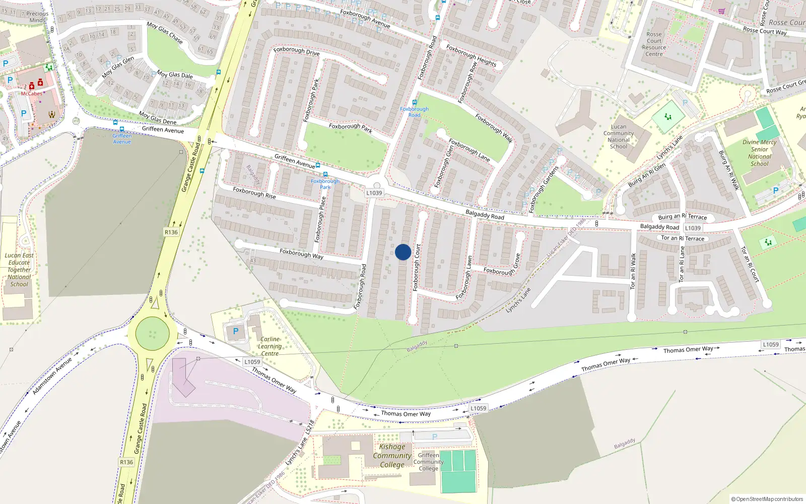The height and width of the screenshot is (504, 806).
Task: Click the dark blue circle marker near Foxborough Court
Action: [x=403, y=252]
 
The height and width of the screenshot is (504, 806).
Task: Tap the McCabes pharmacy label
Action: [x=31, y=94]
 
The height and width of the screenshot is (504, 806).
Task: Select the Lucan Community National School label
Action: [x=619, y=137]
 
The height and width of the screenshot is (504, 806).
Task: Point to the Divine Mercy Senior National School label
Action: [x=759, y=153]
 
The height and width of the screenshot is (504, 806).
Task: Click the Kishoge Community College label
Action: [x=392, y=456]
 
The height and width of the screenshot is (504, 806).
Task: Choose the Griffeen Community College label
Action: [x=429, y=462]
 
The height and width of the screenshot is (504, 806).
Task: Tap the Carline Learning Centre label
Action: [x=270, y=346]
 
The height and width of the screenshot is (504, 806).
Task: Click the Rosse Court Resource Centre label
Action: [x=654, y=44]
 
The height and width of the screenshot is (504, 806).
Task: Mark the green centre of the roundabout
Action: [x=152, y=334]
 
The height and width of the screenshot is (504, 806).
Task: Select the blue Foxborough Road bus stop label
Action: [x=414, y=112]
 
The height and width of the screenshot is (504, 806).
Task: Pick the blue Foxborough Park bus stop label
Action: [x=325, y=184]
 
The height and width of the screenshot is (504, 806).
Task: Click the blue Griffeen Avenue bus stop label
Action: [x=122, y=139]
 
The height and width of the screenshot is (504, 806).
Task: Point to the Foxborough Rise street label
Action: [x=254, y=193]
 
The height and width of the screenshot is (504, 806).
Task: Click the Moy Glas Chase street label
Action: [x=165, y=32]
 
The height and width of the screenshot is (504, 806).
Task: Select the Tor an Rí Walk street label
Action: [x=633, y=271]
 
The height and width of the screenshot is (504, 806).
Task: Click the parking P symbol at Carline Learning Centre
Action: [x=235, y=332]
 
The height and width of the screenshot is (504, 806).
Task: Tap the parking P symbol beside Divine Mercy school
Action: [x=776, y=191]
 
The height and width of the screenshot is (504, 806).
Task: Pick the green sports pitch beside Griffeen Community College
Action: [x=458, y=471]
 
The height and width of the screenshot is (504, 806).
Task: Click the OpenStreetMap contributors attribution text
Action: [x=767, y=499]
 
